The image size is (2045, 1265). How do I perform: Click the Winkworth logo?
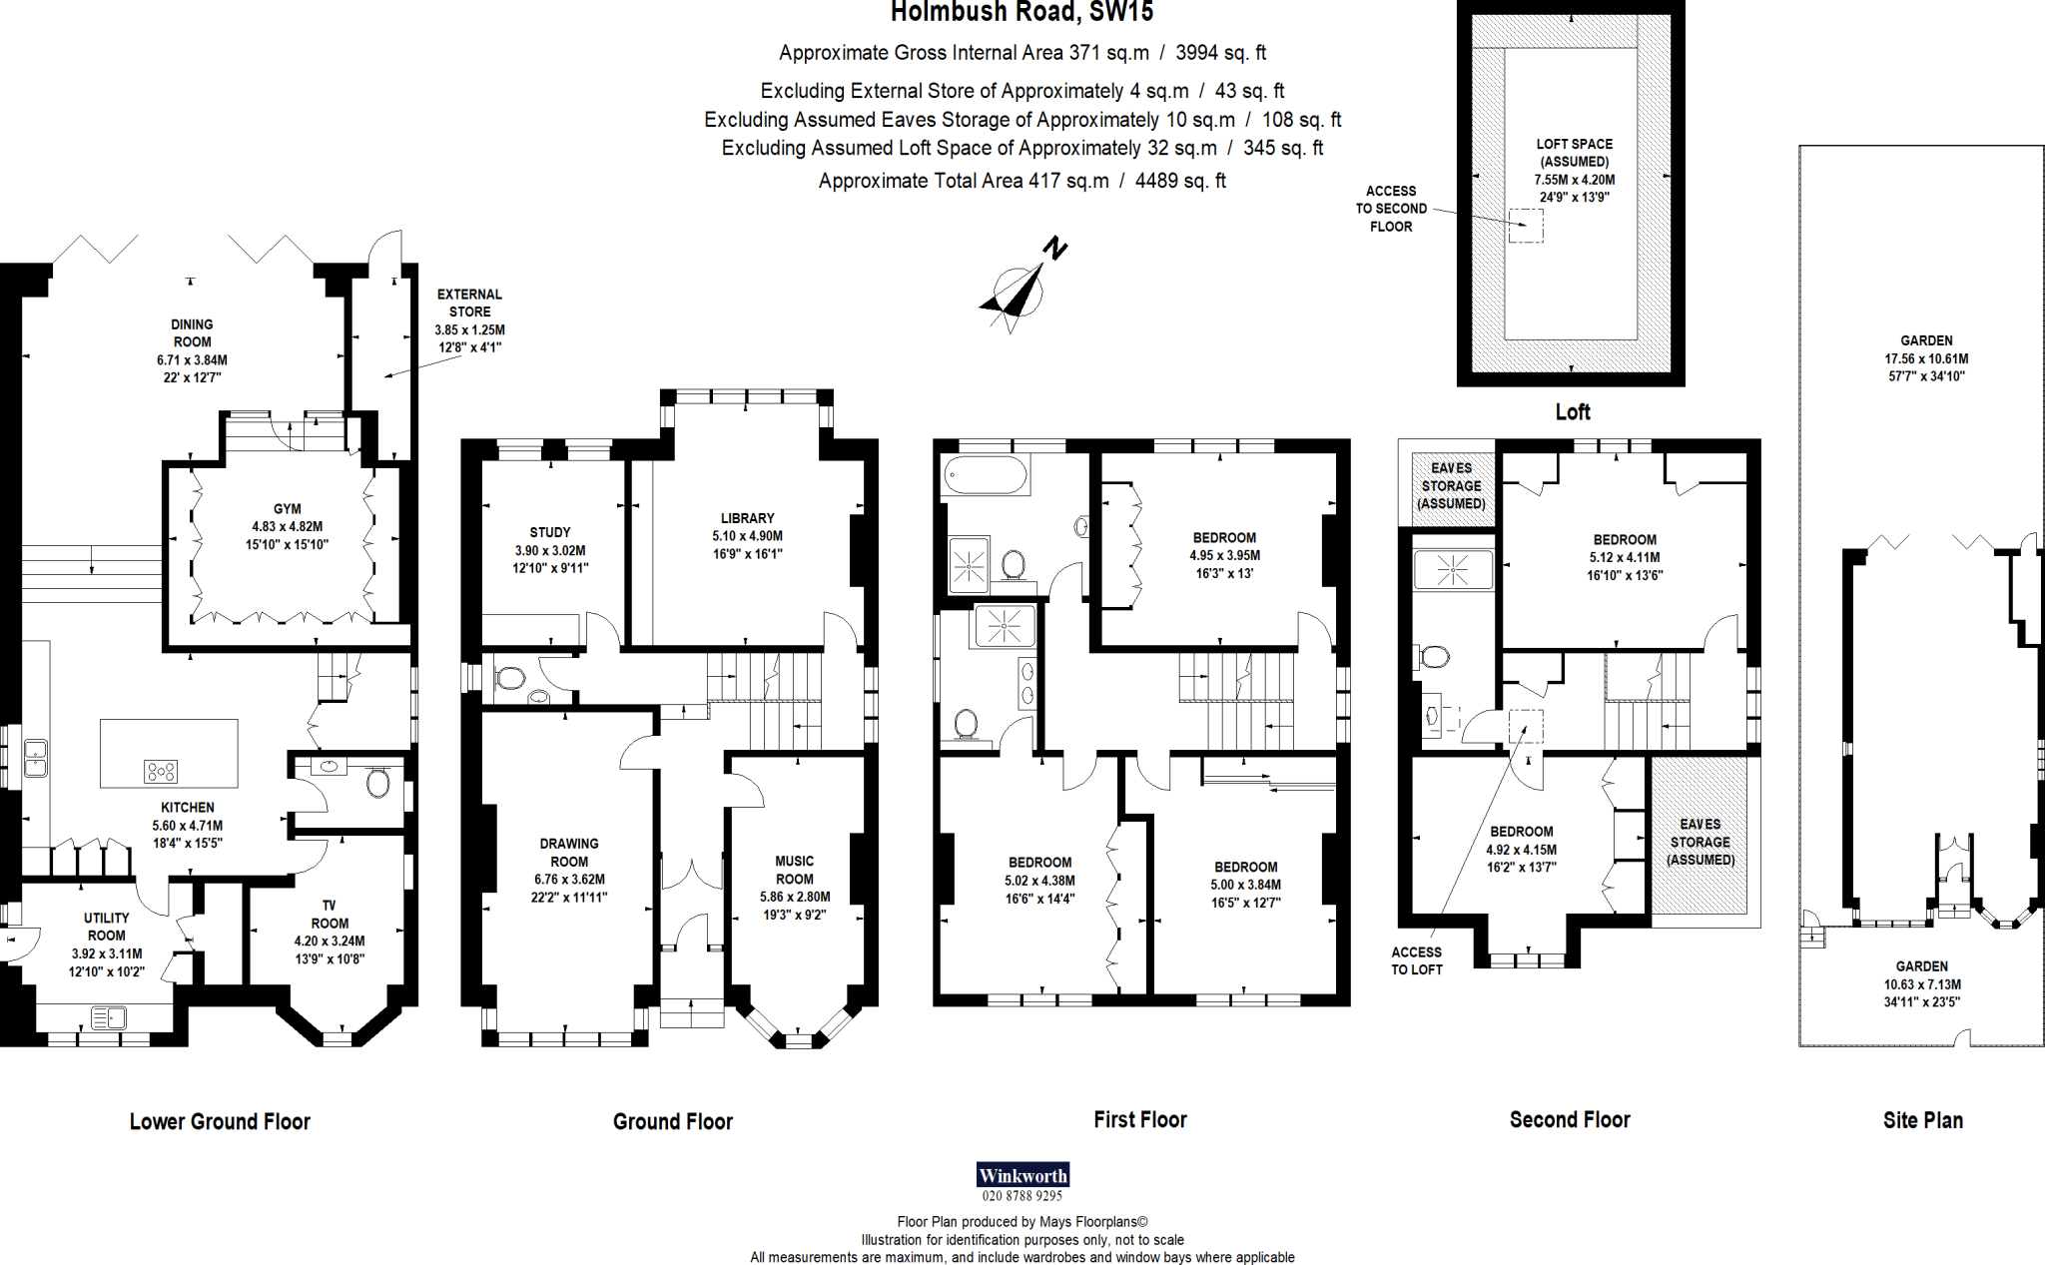tap(1022, 1175)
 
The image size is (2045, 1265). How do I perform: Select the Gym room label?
tap(288, 509)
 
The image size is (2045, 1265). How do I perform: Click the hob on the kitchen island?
tap(161, 771)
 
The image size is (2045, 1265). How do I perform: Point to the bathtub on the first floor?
tap(985, 475)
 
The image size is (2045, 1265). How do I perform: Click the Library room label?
tap(747, 518)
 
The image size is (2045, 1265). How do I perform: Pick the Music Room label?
tap(795, 870)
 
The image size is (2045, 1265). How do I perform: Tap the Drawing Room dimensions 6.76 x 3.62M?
tap(569, 880)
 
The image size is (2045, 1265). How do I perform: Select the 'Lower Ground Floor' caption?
tap(220, 1121)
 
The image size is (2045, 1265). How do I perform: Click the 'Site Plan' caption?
tap(1923, 1120)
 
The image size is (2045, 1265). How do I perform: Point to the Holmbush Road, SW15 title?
tap(1022, 12)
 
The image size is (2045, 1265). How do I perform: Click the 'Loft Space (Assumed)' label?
tap(1575, 153)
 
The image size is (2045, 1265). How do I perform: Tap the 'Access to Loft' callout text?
tap(1417, 960)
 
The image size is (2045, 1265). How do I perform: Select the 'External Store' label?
tap(469, 303)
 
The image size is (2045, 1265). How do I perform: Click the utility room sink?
tap(108, 1017)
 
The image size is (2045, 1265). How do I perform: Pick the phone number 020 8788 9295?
tap(1022, 1196)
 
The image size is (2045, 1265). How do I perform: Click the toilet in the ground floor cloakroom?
tap(509, 679)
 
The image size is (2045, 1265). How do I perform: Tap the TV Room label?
tap(330, 915)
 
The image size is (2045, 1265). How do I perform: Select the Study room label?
tap(550, 532)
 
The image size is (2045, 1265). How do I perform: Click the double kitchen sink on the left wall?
tap(35, 758)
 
